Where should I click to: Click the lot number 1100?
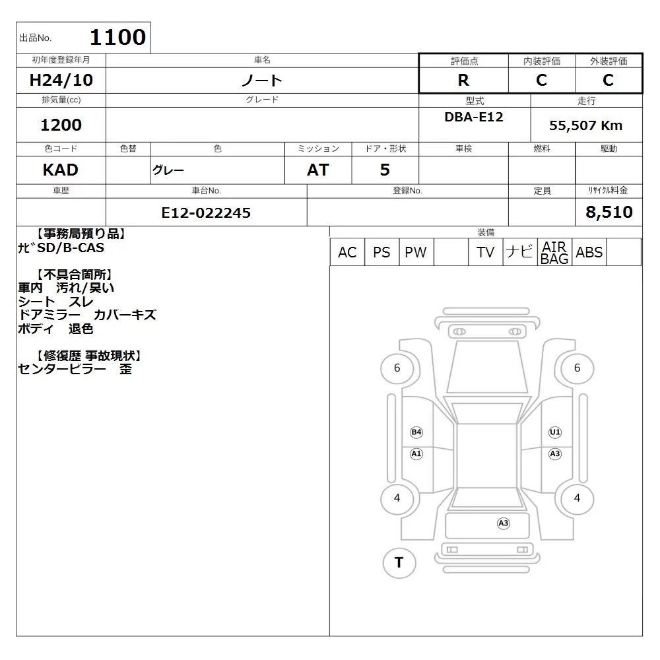coord(118,37)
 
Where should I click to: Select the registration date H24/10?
coord(61,80)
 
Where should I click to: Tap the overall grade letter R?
coord(463,80)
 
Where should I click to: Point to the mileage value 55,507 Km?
coord(585,125)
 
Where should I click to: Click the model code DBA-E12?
coord(474,117)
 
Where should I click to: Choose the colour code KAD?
coord(61,170)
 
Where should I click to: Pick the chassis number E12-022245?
coord(206,213)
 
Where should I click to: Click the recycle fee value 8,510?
coord(609,212)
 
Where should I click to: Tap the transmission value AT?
coord(318,170)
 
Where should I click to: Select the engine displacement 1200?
coord(61,125)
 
